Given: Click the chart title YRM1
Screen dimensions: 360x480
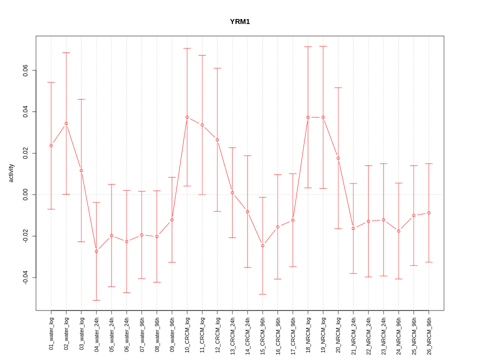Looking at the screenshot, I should click(x=239, y=21).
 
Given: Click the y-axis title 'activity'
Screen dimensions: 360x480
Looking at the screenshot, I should click(x=11, y=173).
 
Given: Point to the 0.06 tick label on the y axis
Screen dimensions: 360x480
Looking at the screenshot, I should click(x=25, y=70).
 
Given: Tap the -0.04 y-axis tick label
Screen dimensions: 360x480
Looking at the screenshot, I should click(x=25, y=277).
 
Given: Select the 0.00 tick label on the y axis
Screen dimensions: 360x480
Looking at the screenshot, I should click(x=25, y=194).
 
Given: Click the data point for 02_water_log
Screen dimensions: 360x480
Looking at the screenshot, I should click(x=66, y=123).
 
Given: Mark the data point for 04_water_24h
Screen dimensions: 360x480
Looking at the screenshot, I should click(x=96, y=251).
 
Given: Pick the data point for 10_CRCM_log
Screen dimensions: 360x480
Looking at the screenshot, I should click(x=187, y=117).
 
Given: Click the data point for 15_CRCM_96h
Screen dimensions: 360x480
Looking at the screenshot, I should click(x=262, y=245).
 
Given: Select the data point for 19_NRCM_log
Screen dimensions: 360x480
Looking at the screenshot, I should click(x=323, y=117).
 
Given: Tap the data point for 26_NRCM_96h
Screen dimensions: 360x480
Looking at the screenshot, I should click(x=429, y=213).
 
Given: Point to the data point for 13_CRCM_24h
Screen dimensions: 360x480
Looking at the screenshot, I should click(x=232, y=192).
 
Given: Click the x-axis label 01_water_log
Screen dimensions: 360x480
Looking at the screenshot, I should click(x=51, y=332).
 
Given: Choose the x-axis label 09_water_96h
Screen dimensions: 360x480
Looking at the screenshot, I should click(x=172, y=332).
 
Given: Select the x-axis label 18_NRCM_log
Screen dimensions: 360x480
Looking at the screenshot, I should click(x=308, y=332).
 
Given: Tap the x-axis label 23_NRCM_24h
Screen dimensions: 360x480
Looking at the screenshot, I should click(x=384, y=333).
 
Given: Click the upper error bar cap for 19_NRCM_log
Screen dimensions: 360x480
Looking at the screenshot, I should click(x=323, y=46).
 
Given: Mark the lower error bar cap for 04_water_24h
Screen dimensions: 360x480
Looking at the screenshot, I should click(x=96, y=300).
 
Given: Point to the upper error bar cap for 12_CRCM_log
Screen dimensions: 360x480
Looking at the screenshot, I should click(x=217, y=68).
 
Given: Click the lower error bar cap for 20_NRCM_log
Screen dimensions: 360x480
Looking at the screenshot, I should click(x=338, y=228).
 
